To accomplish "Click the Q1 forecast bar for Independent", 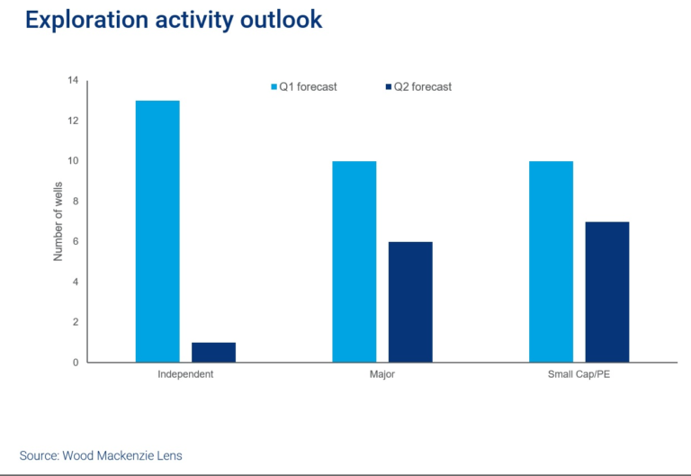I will tap(157, 231).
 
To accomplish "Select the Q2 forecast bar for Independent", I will tap(213, 352).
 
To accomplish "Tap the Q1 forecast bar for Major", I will tap(354, 262).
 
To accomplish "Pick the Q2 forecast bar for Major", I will tap(410, 301).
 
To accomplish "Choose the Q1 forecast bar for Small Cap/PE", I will tap(551, 262).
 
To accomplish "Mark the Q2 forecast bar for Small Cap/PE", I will tap(607, 292).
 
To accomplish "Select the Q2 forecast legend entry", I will tap(418, 87).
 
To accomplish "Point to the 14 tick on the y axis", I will tap(72, 81).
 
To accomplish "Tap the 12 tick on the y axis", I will tap(72, 121).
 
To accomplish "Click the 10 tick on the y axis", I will tap(72, 161).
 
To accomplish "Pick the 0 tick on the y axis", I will tap(75, 363).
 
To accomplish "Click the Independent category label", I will tap(185, 374).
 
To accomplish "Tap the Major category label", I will tap(381, 374).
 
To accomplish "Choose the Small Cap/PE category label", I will tap(579, 374).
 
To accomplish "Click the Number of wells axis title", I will tap(58, 221).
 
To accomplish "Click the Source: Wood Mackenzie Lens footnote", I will tap(101, 455).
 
